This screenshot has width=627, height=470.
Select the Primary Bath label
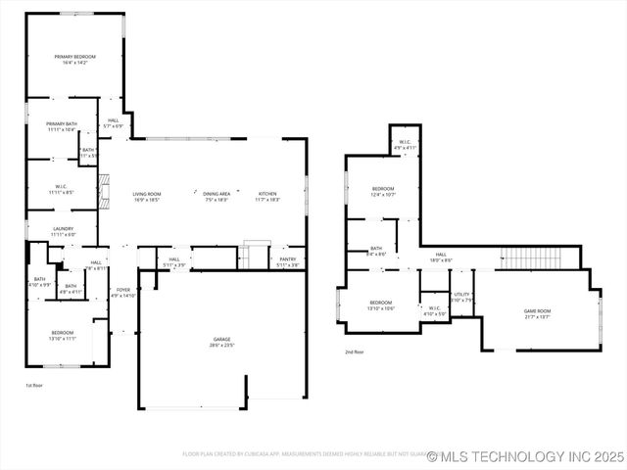click(x=62, y=126)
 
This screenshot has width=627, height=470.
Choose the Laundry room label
click(x=62, y=231)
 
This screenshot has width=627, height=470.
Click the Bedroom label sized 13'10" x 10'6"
click(x=381, y=305)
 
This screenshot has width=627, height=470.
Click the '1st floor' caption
click(x=34, y=385)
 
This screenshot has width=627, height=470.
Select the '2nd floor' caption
click(x=354, y=352)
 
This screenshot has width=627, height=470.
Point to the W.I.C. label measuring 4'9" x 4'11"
click(x=406, y=144)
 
